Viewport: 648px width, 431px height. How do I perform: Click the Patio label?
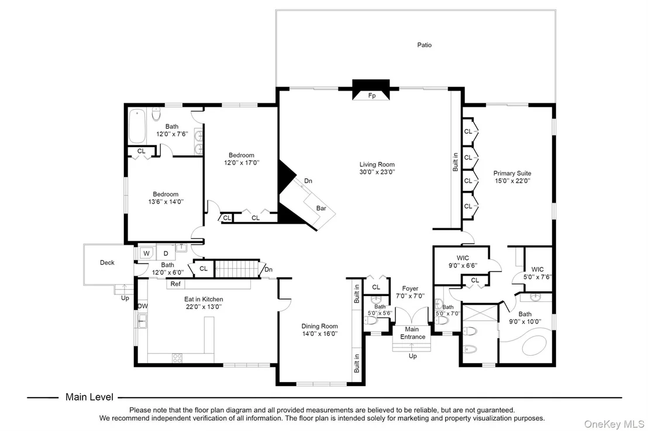pos(424,45)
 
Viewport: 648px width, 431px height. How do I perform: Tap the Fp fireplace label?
pos(372,95)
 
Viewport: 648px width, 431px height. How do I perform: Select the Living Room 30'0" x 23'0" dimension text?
pos(377,172)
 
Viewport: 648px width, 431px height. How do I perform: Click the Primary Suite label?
pos(512,173)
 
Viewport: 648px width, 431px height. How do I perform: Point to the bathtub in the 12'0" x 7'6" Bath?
pos(136,125)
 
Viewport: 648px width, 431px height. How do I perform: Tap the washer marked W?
pos(146,253)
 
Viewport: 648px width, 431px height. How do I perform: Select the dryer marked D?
pos(166,253)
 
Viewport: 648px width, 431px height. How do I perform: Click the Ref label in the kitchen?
pos(175,284)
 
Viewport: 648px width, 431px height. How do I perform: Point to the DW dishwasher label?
pos(142,306)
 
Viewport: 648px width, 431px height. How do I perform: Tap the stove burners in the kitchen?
pos(177,358)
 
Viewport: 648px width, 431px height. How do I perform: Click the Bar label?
pos(321,208)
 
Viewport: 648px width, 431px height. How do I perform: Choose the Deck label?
pos(107,262)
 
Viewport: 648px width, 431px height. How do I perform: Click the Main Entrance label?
pos(412,333)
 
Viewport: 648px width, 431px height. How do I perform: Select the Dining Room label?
pos(319,326)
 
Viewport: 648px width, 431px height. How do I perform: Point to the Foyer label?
pos(410,289)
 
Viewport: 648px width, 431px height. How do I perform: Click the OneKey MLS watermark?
pos(613,424)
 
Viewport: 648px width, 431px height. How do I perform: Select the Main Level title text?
pos(89,397)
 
